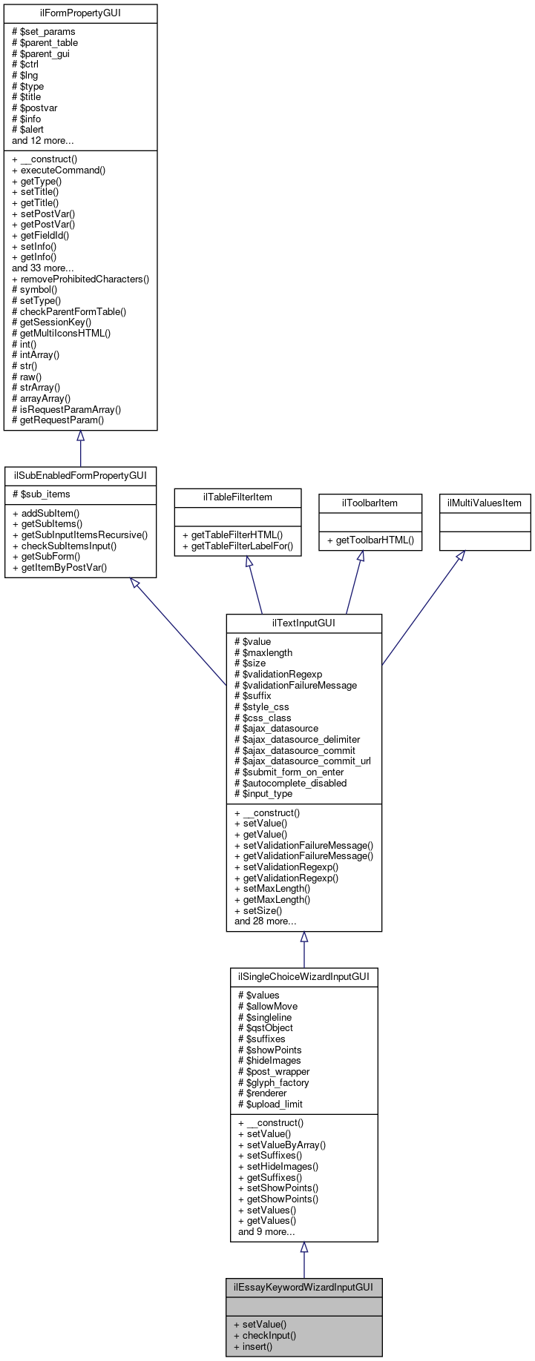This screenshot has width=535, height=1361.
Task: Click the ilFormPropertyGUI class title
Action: pos(80,13)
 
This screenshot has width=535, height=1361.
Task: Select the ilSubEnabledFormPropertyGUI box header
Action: pos(80,475)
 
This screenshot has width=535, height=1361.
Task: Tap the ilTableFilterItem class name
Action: pos(237,497)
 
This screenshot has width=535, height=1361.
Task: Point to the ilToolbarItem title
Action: pos(370,503)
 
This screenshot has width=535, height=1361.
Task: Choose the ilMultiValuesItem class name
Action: pos(485,503)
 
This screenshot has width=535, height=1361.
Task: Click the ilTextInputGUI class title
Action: pos(303,623)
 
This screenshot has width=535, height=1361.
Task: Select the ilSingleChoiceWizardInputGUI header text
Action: pos(303,976)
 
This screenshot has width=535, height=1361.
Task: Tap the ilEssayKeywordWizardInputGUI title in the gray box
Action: pos(303,1287)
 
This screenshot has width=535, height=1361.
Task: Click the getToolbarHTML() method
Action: pos(370,540)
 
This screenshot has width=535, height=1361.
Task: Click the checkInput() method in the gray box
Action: pos(264,1335)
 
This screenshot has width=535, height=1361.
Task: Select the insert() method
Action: pos(253,1346)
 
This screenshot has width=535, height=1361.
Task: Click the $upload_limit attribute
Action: pos(270,1104)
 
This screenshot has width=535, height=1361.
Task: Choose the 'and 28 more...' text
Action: pos(265,921)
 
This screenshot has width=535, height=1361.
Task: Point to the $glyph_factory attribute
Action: pos(273,1082)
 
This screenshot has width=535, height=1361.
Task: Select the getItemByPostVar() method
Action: pos(59,567)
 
